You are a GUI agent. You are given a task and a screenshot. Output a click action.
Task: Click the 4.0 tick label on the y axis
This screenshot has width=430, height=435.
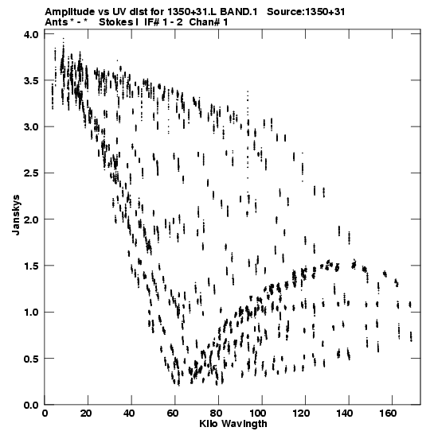pyautogui.click(x=32, y=34)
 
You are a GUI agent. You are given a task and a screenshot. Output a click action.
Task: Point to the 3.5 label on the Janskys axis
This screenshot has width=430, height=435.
pyautogui.click(x=32, y=81)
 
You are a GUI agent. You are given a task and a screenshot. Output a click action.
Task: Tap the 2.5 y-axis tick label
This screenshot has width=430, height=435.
pyautogui.click(x=32, y=173)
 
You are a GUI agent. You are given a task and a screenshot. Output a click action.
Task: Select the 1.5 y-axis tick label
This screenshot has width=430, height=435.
pyautogui.click(x=32, y=266)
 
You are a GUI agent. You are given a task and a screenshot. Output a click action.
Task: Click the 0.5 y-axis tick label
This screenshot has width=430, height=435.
pyautogui.click(x=32, y=359)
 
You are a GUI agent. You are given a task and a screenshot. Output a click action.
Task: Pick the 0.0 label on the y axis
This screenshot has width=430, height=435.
pyautogui.click(x=32, y=405)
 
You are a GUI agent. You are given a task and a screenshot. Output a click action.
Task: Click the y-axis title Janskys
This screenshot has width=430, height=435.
pyautogui.click(x=16, y=215)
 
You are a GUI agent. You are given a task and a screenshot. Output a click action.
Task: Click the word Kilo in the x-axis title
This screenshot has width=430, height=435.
pyautogui.click(x=208, y=424)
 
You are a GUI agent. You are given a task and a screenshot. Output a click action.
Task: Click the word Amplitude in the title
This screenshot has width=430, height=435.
pyautogui.click(x=69, y=12)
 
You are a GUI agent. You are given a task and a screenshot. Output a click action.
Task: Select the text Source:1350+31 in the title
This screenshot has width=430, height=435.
pyautogui.click(x=306, y=12)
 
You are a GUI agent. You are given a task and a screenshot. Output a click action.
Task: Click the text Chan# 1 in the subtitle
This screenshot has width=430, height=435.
pyautogui.click(x=209, y=22)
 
